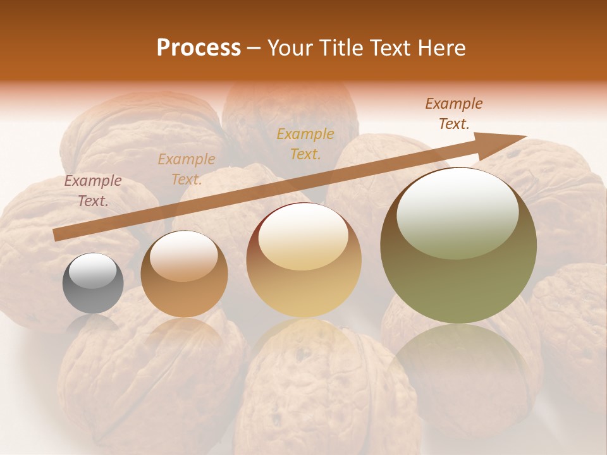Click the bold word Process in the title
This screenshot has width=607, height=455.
point(199,48)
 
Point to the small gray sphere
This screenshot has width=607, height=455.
point(93,283)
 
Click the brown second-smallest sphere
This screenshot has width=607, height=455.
point(184,274)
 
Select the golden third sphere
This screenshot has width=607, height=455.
point(303,260)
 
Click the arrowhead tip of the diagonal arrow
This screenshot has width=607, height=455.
point(525,136)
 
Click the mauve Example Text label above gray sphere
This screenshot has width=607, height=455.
point(93,191)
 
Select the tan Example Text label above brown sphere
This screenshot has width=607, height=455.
point(187,169)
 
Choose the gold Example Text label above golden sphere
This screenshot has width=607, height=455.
point(305,143)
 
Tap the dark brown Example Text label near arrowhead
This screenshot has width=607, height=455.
point(454,114)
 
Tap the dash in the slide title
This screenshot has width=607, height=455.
point(254,48)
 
